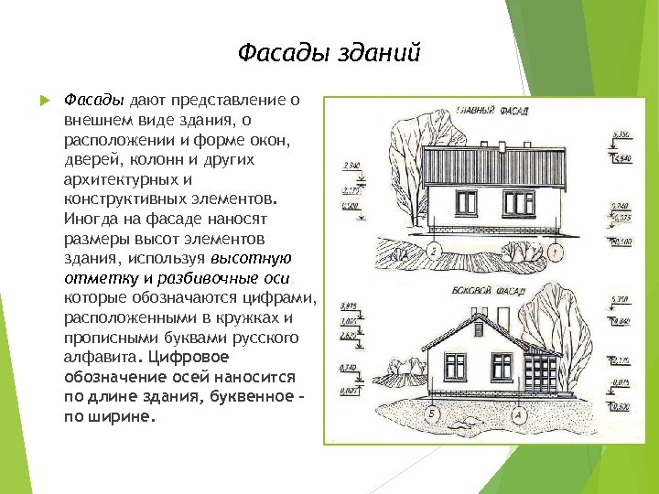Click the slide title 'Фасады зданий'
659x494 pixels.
coord(329,53)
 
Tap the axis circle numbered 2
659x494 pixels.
coord(435,250)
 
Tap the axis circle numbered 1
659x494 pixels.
coord(556,250)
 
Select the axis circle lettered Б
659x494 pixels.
coord(432,413)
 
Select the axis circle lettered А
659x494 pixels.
coord(519,413)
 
